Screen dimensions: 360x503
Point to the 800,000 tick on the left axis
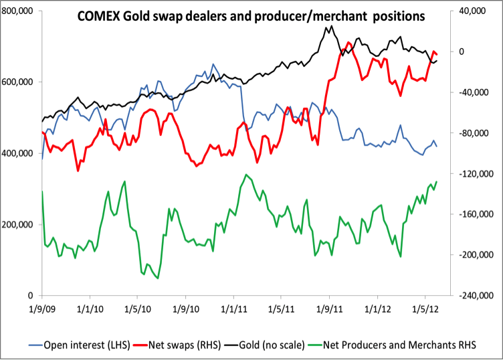click(x=19, y=11)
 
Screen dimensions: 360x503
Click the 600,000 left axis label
click(x=19, y=82)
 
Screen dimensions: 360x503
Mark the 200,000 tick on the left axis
click(x=19, y=224)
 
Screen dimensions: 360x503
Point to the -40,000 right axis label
click(x=474, y=92)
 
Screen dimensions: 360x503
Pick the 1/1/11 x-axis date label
click(x=233, y=310)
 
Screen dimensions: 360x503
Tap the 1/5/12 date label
click(x=425, y=310)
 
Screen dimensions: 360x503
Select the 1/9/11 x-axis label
click(x=329, y=310)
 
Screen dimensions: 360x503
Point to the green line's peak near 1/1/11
click(x=246, y=175)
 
